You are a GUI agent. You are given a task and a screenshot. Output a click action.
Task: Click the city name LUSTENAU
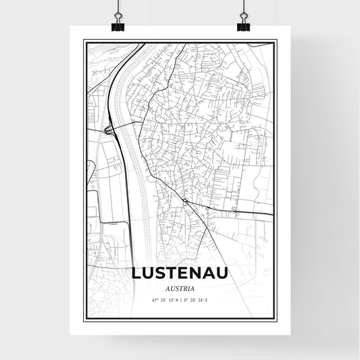coord(180,274)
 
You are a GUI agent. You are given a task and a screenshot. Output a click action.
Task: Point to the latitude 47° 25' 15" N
coord(161,299)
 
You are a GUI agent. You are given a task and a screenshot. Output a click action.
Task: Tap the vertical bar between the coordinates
coord(180,299)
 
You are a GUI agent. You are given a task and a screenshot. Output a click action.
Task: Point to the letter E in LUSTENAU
coord(185,274)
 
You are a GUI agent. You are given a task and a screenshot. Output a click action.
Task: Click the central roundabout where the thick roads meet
coord(185,201)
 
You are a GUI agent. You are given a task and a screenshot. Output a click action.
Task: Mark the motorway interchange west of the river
coord(108,129)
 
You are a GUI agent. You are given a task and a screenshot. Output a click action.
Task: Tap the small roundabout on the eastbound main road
coord(235,211)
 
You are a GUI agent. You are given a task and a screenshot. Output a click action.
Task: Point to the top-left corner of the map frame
coord(84,41)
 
